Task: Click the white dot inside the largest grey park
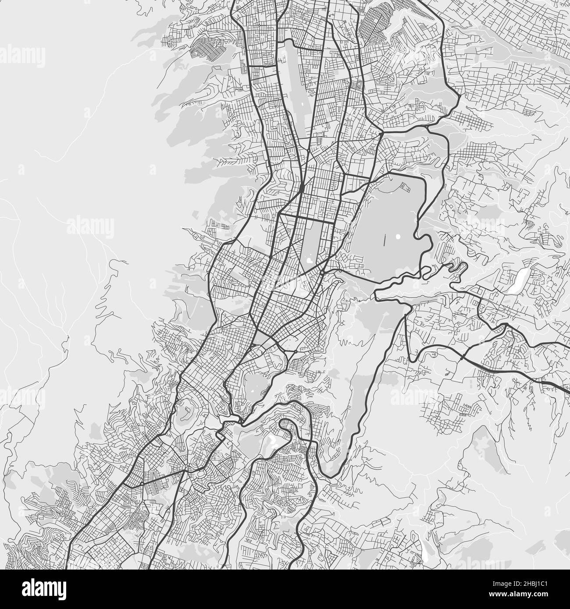point(398,237)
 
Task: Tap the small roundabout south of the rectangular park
point(322,272)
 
